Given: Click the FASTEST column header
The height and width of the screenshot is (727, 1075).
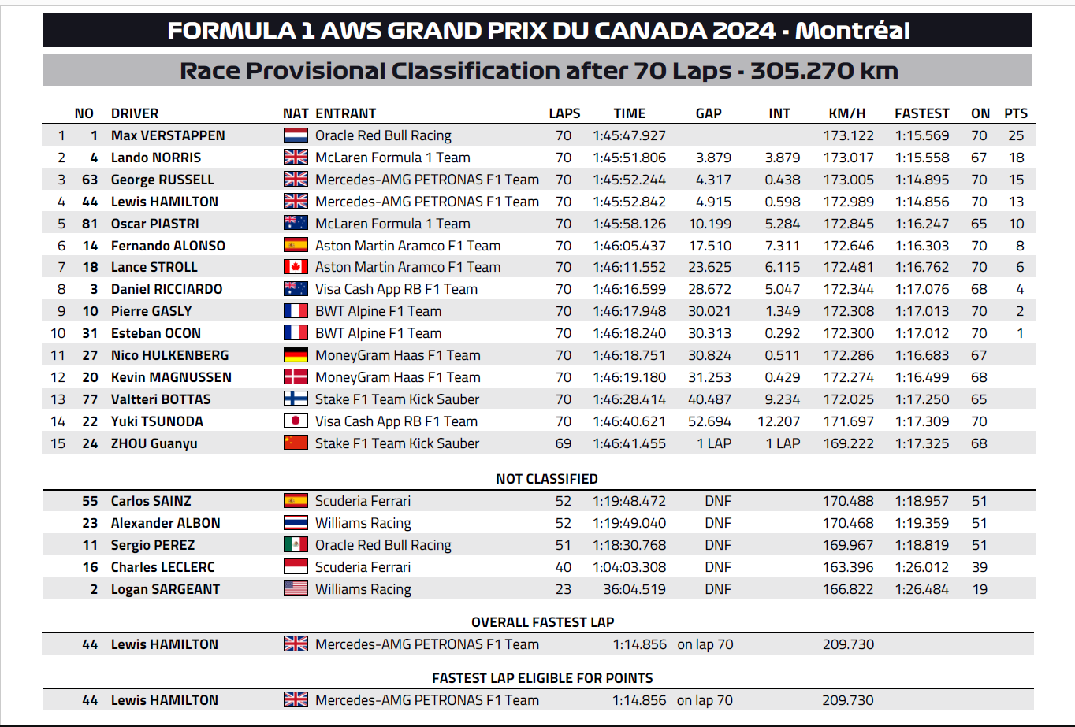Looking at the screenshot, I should pyautogui.click(x=921, y=113).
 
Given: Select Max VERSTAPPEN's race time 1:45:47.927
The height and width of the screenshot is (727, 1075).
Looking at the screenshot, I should pyautogui.click(x=629, y=135).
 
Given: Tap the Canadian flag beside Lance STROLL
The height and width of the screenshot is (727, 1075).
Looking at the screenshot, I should pyautogui.click(x=296, y=267).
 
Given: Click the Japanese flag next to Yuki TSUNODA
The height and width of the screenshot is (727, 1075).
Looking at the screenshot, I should pyautogui.click(x=296, y=421).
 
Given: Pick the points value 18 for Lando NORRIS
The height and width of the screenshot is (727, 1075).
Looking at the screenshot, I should pyautogui.click(x=1016, y=158).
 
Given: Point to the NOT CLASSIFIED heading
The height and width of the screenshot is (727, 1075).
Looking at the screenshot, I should pyautogui.click(x=546, y=479).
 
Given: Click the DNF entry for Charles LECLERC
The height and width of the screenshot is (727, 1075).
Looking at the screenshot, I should pyautogui.click(x=718, y=567).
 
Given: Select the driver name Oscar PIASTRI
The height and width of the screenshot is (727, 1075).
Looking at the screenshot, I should pyautogui.click(x=154, y=224).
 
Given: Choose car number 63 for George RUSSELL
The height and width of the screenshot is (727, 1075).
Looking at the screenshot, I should pyautogui.click(x=90, y=180).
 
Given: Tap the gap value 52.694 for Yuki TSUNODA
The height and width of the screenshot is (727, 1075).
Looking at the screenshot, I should pyautogui.click(x=709, y=421).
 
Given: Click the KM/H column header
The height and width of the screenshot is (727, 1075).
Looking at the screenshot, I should pyautogui.click(x=847, y=113).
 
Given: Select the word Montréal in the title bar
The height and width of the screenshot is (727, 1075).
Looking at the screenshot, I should pyautogui.click(x=852, y=31).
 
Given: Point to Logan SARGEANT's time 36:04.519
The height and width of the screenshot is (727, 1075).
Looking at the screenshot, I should pyautogui.click(x=634, y=589).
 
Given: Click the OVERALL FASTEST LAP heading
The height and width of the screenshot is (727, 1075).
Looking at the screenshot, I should pyautogui.click(x=542, y=622).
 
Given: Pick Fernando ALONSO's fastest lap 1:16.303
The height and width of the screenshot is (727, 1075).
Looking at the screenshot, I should pyautogui.click(x=921, y=246).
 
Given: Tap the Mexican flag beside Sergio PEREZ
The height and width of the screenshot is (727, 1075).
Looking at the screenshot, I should pyautogui.click(x=296, y=545).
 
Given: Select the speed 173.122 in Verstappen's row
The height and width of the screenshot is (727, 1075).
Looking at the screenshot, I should pyautogui.click(x=848, y=135).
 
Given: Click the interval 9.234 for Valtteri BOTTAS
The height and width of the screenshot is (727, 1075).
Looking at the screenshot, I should pyautogui.click(x=783, y=399).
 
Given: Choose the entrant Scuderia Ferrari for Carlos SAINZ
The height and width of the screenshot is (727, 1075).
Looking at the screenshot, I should pyautogui.click(x=363, y=501).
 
